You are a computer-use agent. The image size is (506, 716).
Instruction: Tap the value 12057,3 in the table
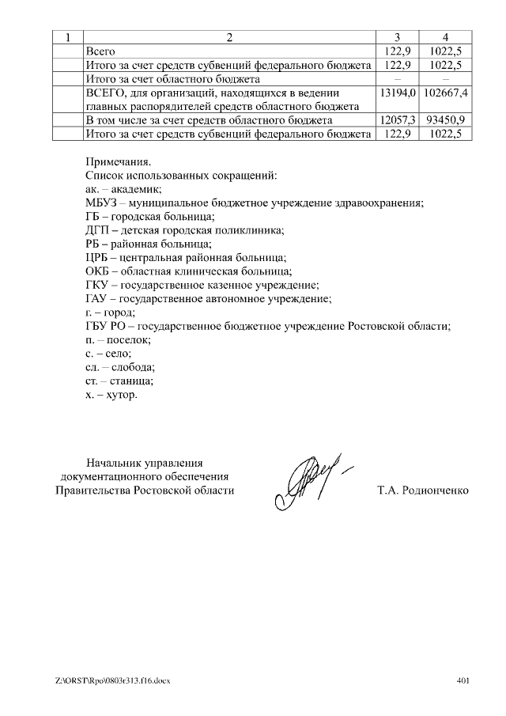coord(398,120)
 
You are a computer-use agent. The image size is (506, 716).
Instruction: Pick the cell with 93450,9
coord(446,120)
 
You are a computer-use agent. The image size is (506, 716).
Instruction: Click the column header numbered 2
coord(229,37)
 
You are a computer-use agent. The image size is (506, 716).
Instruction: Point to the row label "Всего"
coord(100,51)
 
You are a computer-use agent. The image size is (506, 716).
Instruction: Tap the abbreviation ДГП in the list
coord(95,230)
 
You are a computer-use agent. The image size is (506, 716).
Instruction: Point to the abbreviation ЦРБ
coord(95,257)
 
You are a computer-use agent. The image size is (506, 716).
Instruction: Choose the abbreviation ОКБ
coord(96,271)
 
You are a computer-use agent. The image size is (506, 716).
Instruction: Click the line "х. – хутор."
coord(111,394)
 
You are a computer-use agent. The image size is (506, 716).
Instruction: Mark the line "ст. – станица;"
coord(119,381)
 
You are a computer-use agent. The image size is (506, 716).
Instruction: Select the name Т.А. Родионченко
coord(423,491)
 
